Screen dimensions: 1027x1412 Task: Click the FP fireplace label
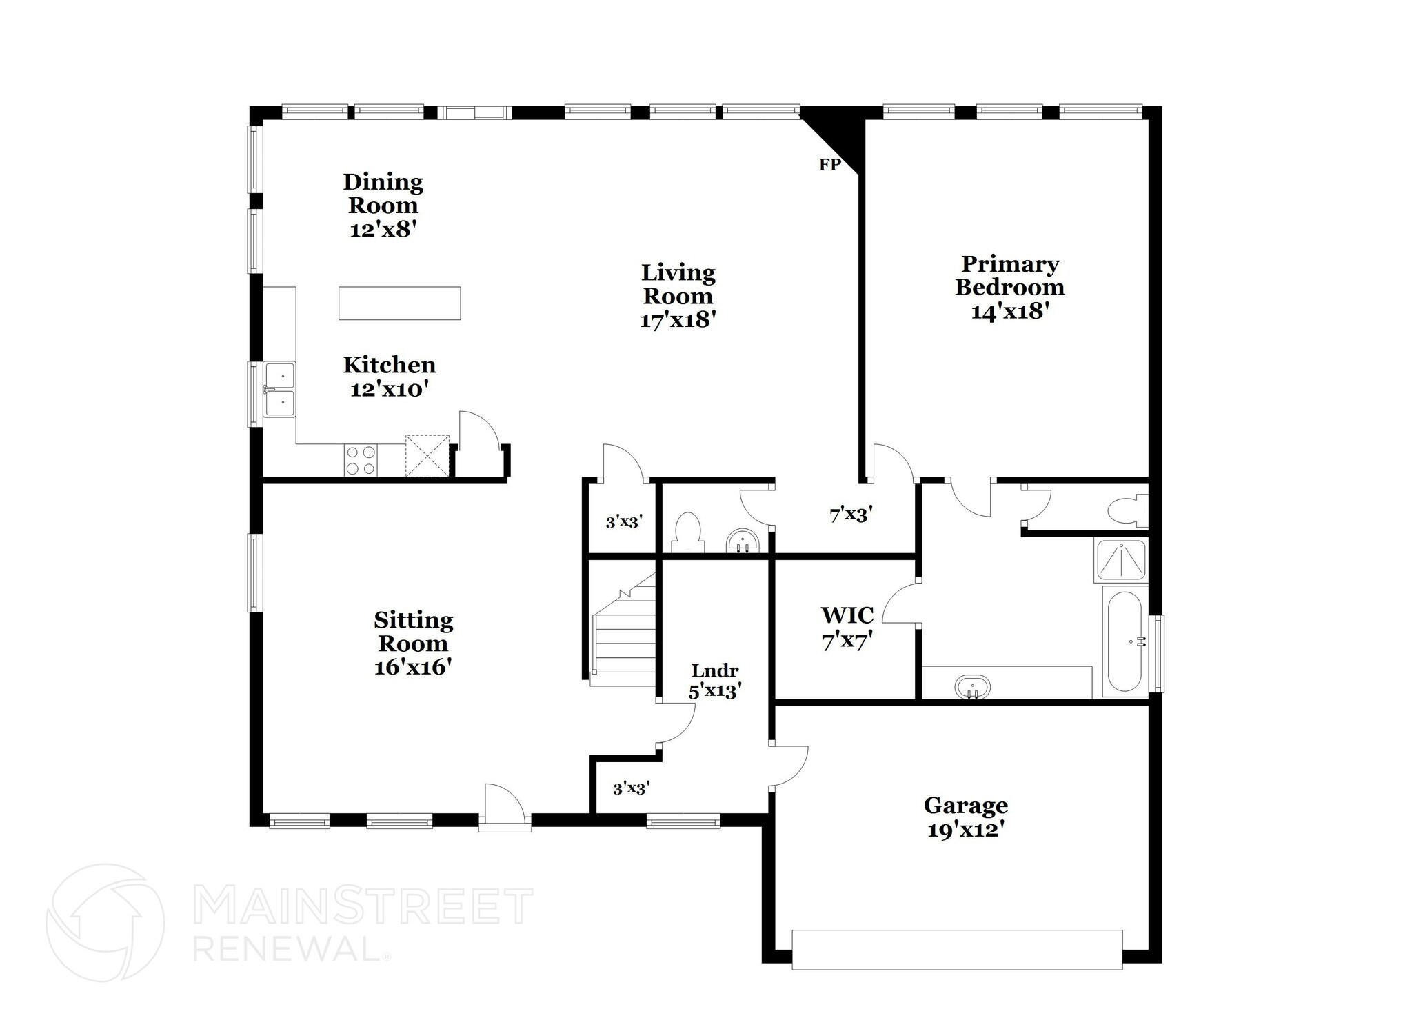[829, 165]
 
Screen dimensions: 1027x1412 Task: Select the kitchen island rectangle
[399, 303]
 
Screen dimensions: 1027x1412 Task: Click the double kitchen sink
[280, 390]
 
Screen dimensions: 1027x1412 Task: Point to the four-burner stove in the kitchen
[361, 461]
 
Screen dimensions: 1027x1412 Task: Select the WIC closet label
[847, 615]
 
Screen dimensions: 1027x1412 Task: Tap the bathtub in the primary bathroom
[1124, 641]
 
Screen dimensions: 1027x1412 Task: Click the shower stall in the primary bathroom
[1121, 560]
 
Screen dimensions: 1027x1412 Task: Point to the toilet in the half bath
[687, 532]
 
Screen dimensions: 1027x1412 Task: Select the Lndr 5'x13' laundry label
[715, 681]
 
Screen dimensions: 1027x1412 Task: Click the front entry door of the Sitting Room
[505, 807]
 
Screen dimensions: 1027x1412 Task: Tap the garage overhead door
[957, 950]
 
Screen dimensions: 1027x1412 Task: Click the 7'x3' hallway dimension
[851, 514]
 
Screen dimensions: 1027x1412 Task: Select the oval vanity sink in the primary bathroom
[972, 687]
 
